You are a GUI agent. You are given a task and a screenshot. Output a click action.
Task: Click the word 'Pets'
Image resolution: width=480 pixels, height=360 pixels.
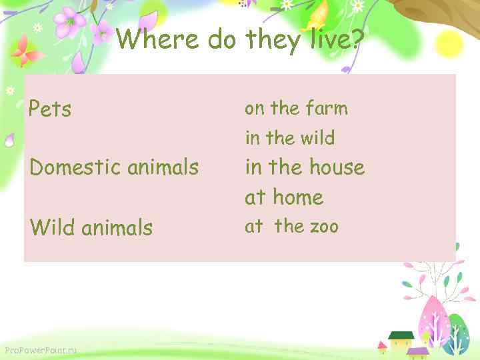click(50, 109)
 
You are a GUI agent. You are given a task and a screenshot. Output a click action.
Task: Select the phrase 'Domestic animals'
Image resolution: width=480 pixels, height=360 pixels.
click(114, 167)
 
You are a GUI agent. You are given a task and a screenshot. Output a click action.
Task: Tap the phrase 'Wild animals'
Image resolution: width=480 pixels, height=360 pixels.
click(91, 228)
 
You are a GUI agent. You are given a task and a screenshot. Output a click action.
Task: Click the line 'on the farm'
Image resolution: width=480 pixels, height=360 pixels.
click(296, 108)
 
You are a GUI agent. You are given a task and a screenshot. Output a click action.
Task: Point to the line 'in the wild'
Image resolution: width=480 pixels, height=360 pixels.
click(290, 138)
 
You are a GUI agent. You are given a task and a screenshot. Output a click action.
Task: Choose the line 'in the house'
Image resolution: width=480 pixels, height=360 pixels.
click(305, 167)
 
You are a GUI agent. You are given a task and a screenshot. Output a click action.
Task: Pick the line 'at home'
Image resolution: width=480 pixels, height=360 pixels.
click(284, 197)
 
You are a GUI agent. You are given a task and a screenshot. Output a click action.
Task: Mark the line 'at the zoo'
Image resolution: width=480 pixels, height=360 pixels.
click(291, 227)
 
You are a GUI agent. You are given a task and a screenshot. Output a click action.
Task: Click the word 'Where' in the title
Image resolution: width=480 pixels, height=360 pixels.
click(157, 41)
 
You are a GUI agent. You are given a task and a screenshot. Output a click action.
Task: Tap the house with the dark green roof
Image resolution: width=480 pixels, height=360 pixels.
click(401, 340)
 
